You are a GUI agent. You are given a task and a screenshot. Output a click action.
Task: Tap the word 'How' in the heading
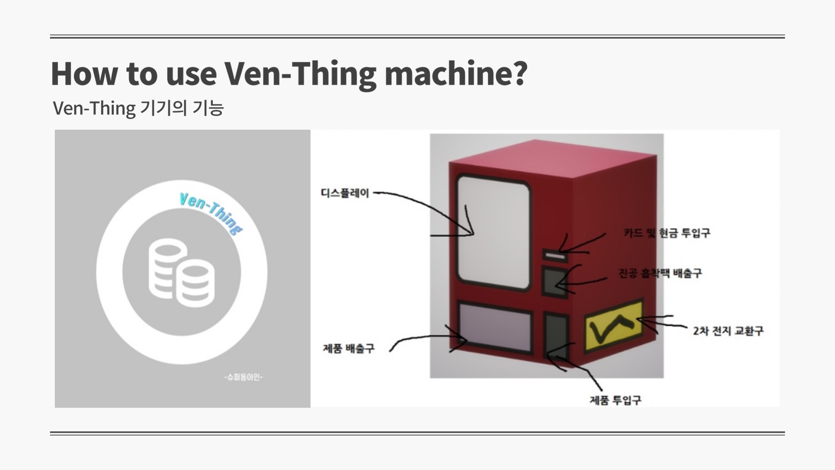84,73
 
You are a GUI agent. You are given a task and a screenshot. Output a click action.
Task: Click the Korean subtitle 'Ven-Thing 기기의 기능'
138,108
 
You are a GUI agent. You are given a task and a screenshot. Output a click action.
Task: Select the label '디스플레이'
345,193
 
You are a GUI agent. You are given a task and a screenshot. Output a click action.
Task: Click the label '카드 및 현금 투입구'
667,233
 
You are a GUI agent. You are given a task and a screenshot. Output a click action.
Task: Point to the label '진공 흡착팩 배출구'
660,273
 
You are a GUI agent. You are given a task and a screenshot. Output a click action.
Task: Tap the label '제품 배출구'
348,349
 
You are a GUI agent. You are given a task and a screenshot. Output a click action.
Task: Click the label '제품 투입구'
615,400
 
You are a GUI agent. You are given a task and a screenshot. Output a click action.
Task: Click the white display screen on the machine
494,233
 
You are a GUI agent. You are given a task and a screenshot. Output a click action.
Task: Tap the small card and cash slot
554,255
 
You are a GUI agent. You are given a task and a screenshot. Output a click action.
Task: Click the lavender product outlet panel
495,327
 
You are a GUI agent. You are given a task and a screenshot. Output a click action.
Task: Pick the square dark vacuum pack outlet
555,282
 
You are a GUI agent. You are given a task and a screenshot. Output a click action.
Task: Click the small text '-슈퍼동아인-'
244,377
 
